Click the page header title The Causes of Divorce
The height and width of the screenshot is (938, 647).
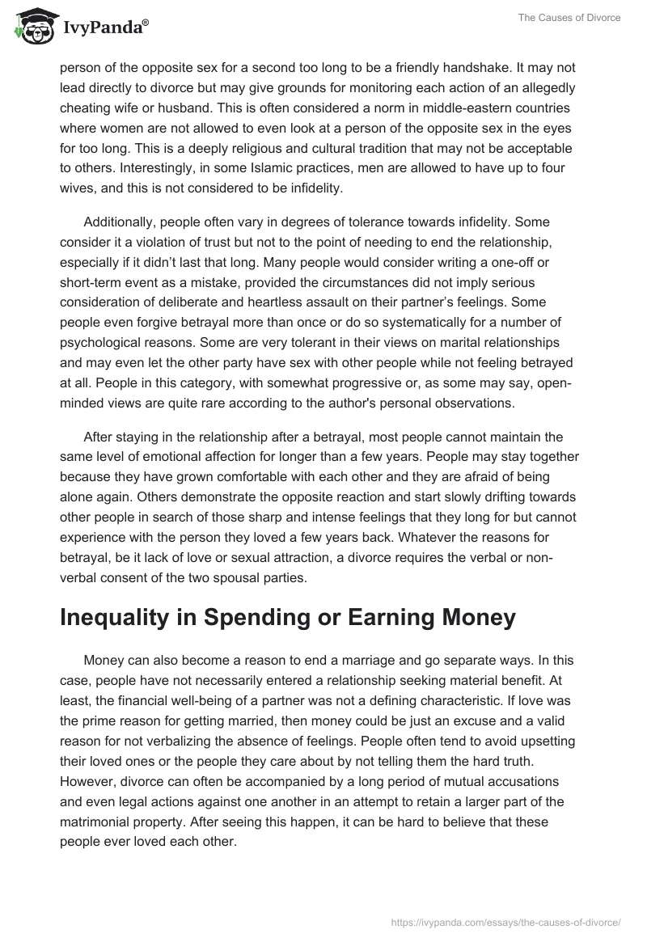572,17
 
